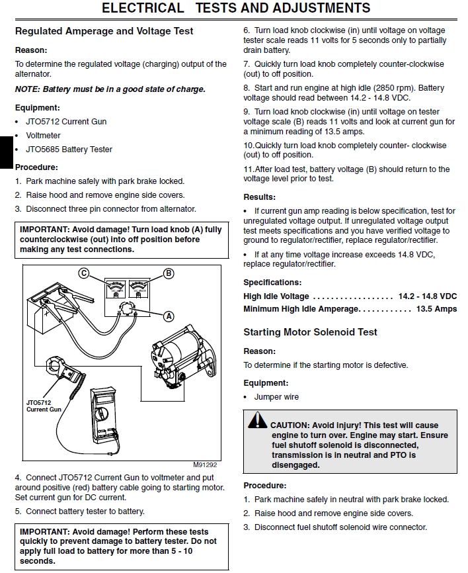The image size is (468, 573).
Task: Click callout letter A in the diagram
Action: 169,316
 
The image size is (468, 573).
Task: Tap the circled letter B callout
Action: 169,273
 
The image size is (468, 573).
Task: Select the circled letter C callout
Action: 83,273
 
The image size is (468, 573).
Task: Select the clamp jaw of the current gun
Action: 54,369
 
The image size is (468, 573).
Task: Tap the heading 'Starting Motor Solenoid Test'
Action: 310,332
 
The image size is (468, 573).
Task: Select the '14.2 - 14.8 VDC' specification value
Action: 427,296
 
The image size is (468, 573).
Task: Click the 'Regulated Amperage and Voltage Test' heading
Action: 104,31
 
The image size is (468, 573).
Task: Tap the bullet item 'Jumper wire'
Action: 276,397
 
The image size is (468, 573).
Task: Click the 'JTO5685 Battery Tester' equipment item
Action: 69,150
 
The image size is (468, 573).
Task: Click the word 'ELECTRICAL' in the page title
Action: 143,8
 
